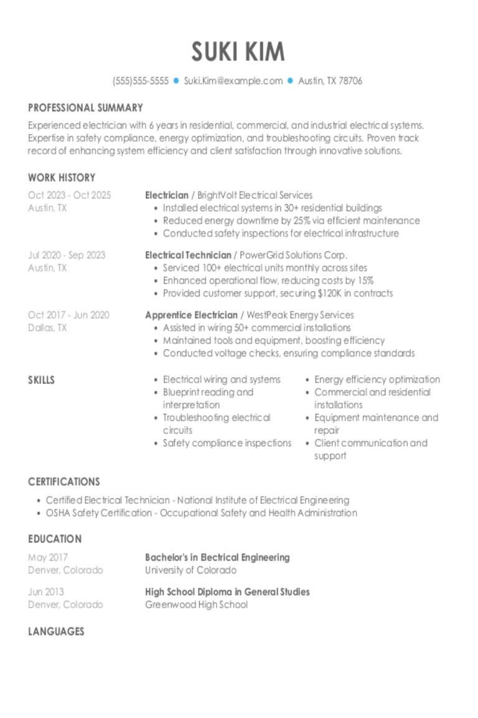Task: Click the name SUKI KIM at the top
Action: point(238,51)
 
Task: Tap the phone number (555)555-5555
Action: point(141,81)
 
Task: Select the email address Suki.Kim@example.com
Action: point(233,81)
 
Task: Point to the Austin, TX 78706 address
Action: point(330,81)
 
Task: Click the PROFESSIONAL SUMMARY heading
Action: point(85,108)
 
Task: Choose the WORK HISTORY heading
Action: point(62,178)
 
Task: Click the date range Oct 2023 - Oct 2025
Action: point(69,195)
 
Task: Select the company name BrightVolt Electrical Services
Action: point(255,195)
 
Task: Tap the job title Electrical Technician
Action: point(188,255)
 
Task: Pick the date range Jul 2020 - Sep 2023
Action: point(67,255)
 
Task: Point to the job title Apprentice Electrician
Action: point(191,315)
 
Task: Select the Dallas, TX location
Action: point(47,328)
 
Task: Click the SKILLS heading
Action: point(41,380)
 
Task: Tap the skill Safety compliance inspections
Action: point(227,443)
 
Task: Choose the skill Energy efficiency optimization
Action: point(377,380)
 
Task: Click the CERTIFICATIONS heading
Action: point(63,482)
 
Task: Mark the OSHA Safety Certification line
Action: point(201,513)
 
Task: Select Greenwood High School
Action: point(196,605)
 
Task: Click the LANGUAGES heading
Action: point(56,632)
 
